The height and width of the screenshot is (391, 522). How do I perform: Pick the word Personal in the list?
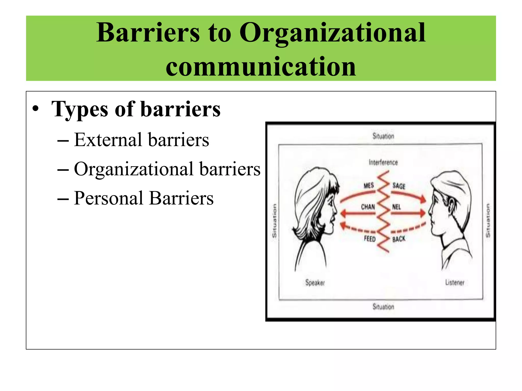[x=108, y=198]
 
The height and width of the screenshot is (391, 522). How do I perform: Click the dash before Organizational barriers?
[x=63, y=170]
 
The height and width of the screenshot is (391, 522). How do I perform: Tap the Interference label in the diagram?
[x=383, y=162]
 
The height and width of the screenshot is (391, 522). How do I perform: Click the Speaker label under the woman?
[x=315, y=283]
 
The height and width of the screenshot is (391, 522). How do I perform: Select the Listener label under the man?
[x=455, y=282]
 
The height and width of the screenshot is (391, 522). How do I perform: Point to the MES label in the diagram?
[x=369, y=186]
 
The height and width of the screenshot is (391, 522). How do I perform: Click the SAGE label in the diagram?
[x=399, y=186]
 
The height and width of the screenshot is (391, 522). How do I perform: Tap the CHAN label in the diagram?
[x=368, y=207]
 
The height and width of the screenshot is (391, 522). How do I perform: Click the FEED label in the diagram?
[x=370, y=239]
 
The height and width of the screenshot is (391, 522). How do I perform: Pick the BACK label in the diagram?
[x=399, y=239]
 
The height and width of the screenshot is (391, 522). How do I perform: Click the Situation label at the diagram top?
[x=383, y=136]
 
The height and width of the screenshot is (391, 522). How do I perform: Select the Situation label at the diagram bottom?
[x=383, y=306]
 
